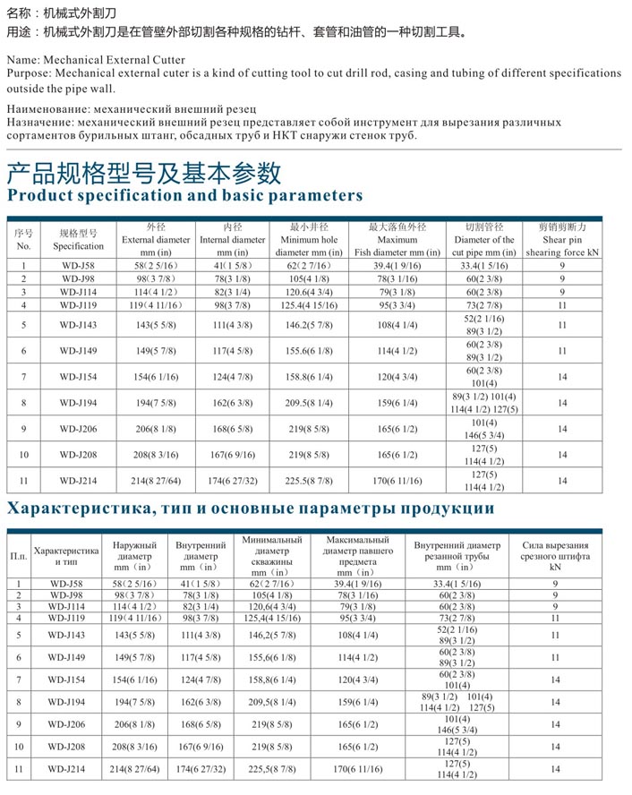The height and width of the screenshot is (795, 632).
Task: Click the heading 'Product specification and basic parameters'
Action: click(x=184, y=195)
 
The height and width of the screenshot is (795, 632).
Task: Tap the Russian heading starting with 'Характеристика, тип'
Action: click(x=250, y=509)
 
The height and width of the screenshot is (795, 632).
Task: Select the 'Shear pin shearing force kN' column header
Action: click(x=562, y=240)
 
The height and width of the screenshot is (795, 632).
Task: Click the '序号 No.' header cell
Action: click(x=23, y=239)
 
